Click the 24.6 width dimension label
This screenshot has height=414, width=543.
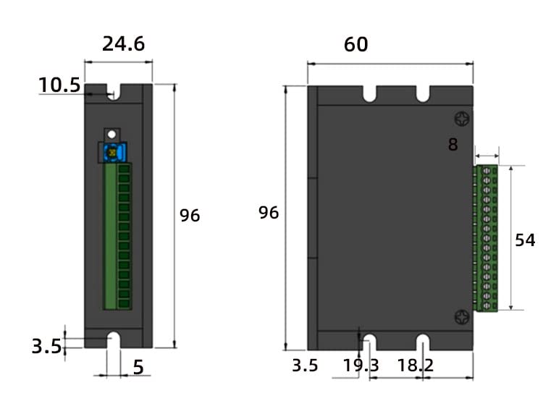click(x=123, y=44)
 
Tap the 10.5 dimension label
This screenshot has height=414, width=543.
click(x=59, y=85)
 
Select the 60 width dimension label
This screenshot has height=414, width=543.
click(x=355, y=45)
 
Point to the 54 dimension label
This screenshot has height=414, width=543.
click(x=525, y=240)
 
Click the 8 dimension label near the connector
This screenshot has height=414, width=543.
click(x=453, y=145)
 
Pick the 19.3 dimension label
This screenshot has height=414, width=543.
click(x=361, y=366)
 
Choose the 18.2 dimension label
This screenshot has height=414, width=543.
click(x=416, y=366)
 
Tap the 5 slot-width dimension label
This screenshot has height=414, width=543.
click(x=138, y=368)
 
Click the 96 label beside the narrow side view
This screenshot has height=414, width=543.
click(x=190, y=215)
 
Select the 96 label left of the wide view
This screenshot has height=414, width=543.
click(x=269, y=213)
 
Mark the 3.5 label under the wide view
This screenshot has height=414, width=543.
click(x=305, y=366)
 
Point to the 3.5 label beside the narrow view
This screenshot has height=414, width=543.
click(x=46, y=346)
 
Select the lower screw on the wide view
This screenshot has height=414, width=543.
click(x=461, y=316)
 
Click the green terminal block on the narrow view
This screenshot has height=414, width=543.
click(x=118, y=236)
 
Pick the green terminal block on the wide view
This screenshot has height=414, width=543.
click(x=486, y=239)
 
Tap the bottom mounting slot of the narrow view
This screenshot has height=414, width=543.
click(x=114, y=340)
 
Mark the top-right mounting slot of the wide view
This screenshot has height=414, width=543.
click(x=423, y=94)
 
